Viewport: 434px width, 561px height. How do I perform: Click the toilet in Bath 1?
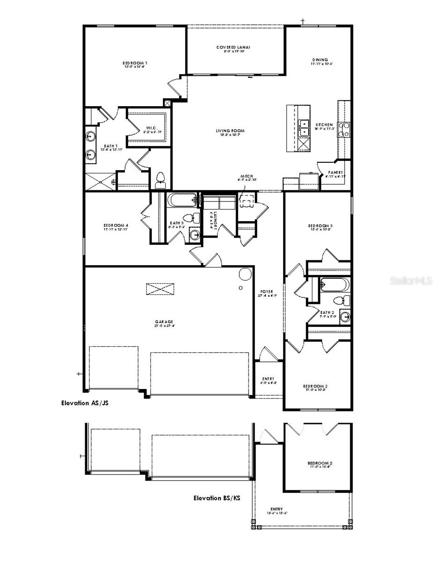tap(160, 178)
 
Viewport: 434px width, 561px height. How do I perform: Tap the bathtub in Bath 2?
tap(335, 284)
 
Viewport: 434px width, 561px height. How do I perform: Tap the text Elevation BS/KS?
tap(217, 498)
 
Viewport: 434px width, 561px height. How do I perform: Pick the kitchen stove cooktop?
tap(345, 129)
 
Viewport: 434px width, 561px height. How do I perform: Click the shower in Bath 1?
tap(100, 182)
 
